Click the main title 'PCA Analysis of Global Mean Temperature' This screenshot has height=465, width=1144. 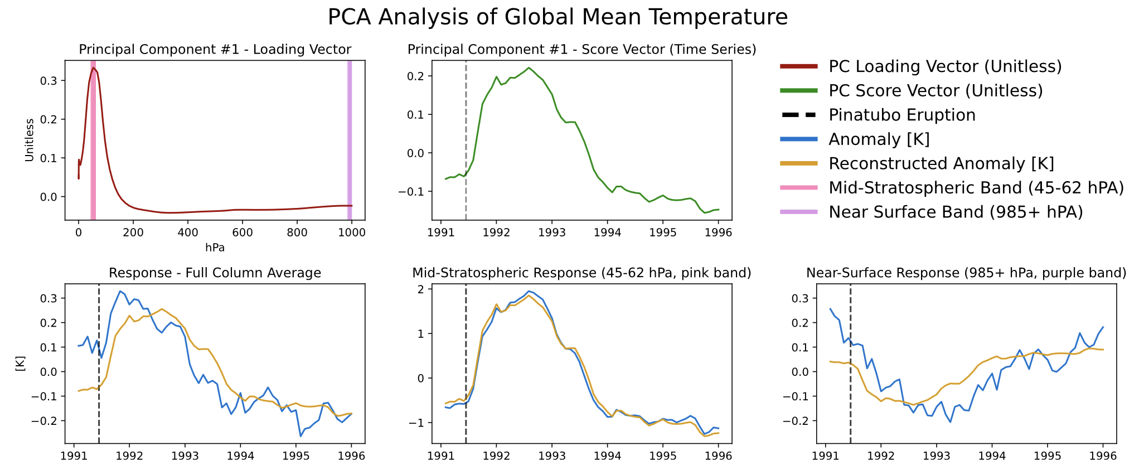558,17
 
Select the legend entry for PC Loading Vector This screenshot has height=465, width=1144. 944,66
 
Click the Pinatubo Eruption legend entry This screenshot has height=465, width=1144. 901,115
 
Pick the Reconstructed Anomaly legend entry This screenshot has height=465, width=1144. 941,163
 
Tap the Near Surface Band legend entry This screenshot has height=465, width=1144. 956,212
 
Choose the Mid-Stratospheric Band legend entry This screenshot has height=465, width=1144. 976,188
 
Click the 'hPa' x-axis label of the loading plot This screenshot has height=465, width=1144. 215,248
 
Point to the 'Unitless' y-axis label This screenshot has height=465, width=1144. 30,140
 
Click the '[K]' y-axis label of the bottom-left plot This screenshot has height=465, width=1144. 20,364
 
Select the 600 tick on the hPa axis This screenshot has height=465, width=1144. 242,232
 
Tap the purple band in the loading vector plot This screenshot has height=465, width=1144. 350,139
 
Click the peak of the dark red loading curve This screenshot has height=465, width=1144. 94,68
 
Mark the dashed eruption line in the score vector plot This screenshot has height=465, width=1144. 466,139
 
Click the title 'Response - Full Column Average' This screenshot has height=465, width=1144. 215,273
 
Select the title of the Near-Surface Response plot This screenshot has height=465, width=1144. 966,273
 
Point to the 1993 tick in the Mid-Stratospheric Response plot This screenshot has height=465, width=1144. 552,456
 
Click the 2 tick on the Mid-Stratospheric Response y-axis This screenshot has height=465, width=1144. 420,289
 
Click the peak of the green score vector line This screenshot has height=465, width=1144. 529,68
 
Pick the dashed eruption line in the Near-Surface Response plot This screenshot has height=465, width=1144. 850,362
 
